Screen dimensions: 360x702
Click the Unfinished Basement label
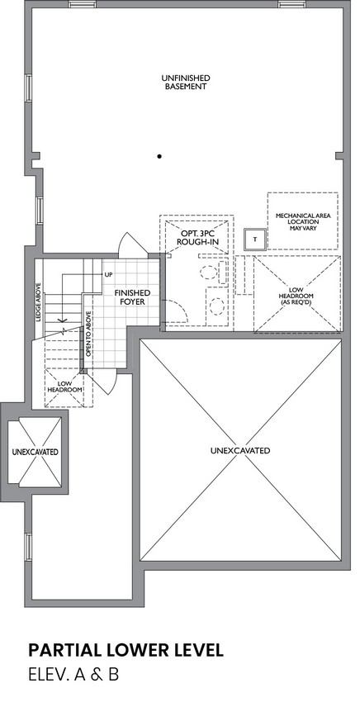(186, 83)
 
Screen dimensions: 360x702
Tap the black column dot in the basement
(159, 156)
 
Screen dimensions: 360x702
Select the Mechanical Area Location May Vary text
(303, 221)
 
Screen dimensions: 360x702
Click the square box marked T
(255, 239)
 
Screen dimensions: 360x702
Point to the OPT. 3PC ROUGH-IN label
(197, 238)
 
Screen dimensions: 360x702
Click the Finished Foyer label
(132, 297)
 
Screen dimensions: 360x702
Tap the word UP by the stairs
(108, 274)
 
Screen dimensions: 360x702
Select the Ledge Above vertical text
(38, 302)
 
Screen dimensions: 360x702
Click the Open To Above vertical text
(88, 334)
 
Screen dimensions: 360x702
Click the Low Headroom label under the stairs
(65, 387)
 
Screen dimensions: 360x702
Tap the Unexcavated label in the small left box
(35, 452)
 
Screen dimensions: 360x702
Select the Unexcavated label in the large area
(240, 450)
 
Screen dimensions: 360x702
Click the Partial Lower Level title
(126, 650)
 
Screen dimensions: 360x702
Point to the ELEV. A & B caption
(73, 675)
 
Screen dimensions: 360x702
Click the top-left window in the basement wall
(83, 4)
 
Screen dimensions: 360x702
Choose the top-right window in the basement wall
(291, 4)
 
